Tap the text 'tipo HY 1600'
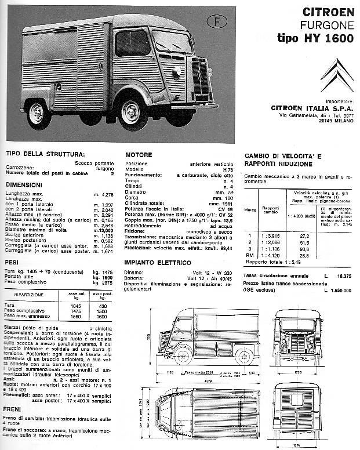(320, 37)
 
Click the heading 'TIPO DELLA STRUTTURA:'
(45, 154)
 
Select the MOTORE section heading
(139, 155)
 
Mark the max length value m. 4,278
(105, 194)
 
